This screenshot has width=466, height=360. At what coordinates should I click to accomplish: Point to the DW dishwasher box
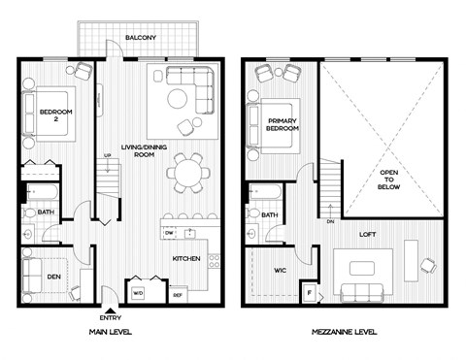coord(169,233)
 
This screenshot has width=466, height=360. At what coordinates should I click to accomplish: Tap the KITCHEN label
coord(185,260)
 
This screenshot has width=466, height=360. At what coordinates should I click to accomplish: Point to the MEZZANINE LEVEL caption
coord(345,332)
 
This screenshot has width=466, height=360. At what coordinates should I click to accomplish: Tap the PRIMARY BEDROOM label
coord(283,125)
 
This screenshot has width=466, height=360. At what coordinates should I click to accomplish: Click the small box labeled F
coord(310,292)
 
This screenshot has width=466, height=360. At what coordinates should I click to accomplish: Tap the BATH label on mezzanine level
coord(269,214)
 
